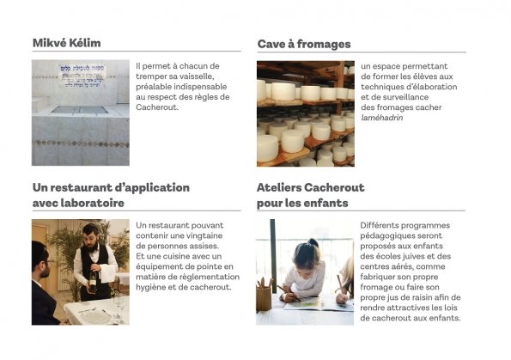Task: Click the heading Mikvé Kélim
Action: coord(66,43)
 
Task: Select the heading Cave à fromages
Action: coord(304,44)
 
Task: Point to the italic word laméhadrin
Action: coord(382,118)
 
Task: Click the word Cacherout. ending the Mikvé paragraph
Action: coord(157,107)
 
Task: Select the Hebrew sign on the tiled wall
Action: coord(82,76)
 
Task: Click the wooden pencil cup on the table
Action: coord(264,297)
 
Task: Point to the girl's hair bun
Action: coord(313,242)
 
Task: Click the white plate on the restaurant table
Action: coord(94,315)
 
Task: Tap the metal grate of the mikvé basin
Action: coord(80,110)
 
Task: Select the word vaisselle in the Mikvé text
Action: coord(198,76)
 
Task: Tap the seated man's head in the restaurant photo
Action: coord(40,259)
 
